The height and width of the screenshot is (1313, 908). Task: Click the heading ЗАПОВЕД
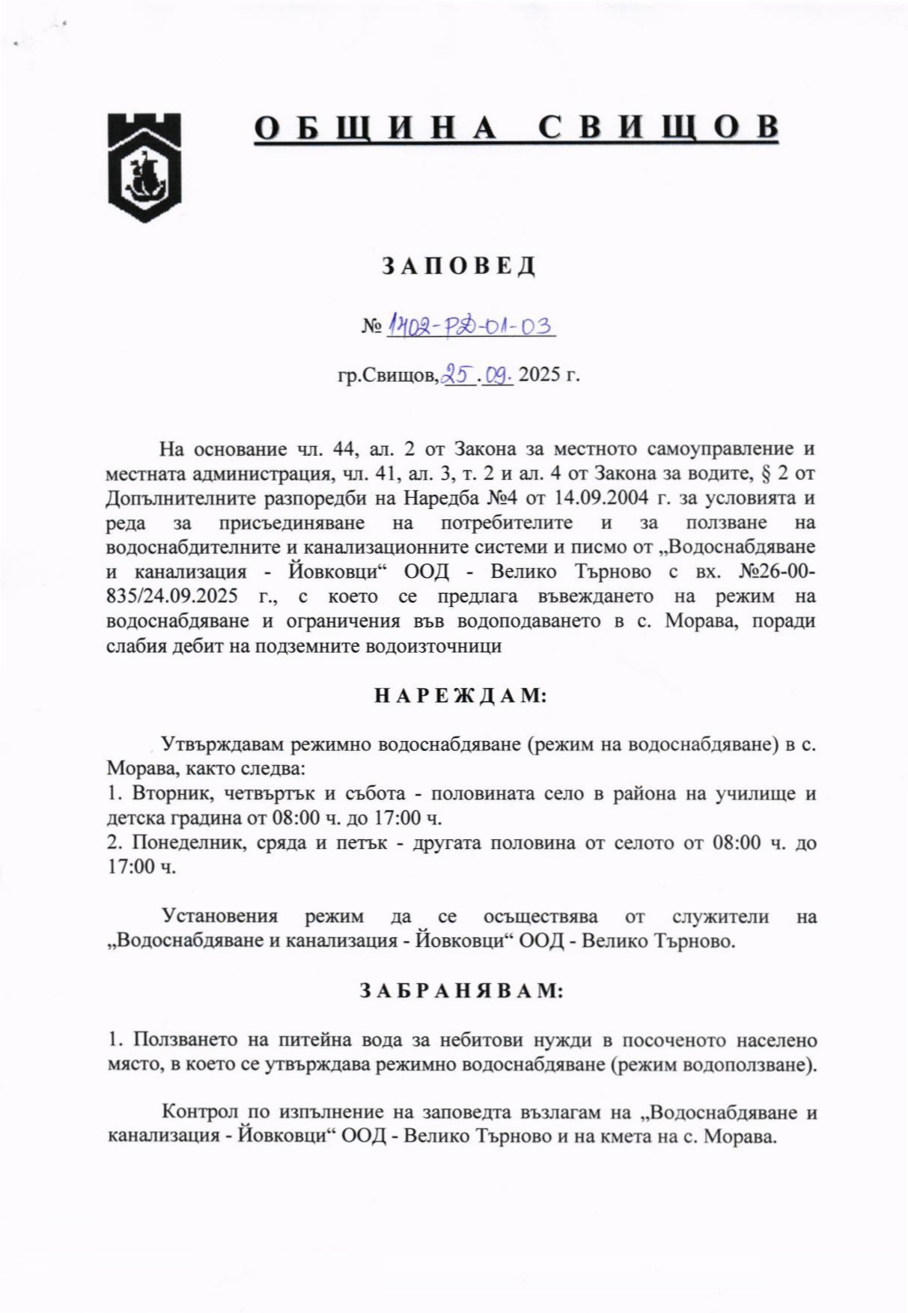460,266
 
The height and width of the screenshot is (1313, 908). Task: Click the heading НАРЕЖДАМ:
460,695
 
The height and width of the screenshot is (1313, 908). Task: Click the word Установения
220,916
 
